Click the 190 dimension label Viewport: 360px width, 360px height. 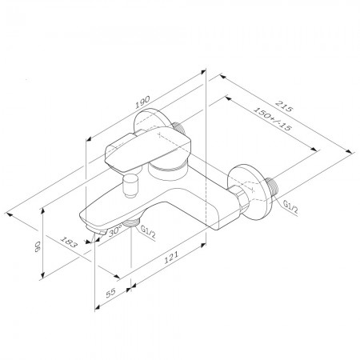[x=142, y=102]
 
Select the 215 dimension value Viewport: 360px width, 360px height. [x=284, y=106]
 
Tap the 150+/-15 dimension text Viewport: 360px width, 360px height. [x=272, y=118]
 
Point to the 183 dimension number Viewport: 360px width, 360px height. [x=69, y=242]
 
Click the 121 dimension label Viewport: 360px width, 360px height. [x=170, y=257]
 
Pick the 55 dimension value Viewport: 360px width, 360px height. [x=111, y=293]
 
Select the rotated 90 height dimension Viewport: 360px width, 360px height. [x=37, y=246]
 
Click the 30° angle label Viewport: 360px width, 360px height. [x=115, y=230]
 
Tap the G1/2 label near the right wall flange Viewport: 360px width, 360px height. [x=290, y=208]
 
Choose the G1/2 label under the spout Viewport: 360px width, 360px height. [x=148, y=231]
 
